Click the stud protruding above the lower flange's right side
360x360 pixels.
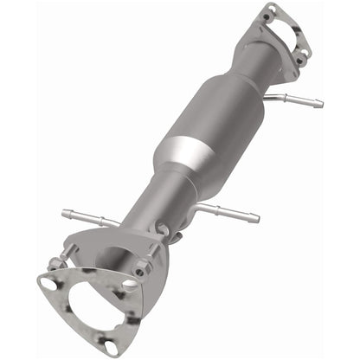coord(162,228)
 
